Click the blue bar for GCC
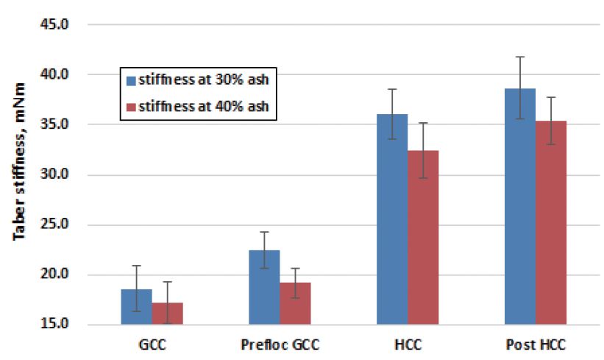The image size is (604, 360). (136, 307)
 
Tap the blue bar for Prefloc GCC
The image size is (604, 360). (264, 288)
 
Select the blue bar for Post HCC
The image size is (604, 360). (520, 207)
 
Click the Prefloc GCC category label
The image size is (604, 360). (280, 344)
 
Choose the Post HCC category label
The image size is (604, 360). (536, 344)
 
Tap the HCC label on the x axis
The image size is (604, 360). (408, 344)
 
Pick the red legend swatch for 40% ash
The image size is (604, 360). (132, 107)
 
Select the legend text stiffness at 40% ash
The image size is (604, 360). (203, 107)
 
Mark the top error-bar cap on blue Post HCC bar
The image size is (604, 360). (520, 57)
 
